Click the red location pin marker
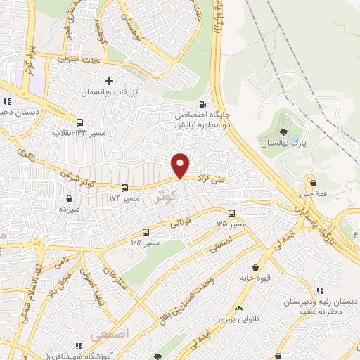tap(180, 165)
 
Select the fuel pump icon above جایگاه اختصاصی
tap(203, 104)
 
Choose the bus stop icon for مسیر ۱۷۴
tap(124, 188)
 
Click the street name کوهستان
tap(138, 27)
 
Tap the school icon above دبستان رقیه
tap(320, 290)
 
